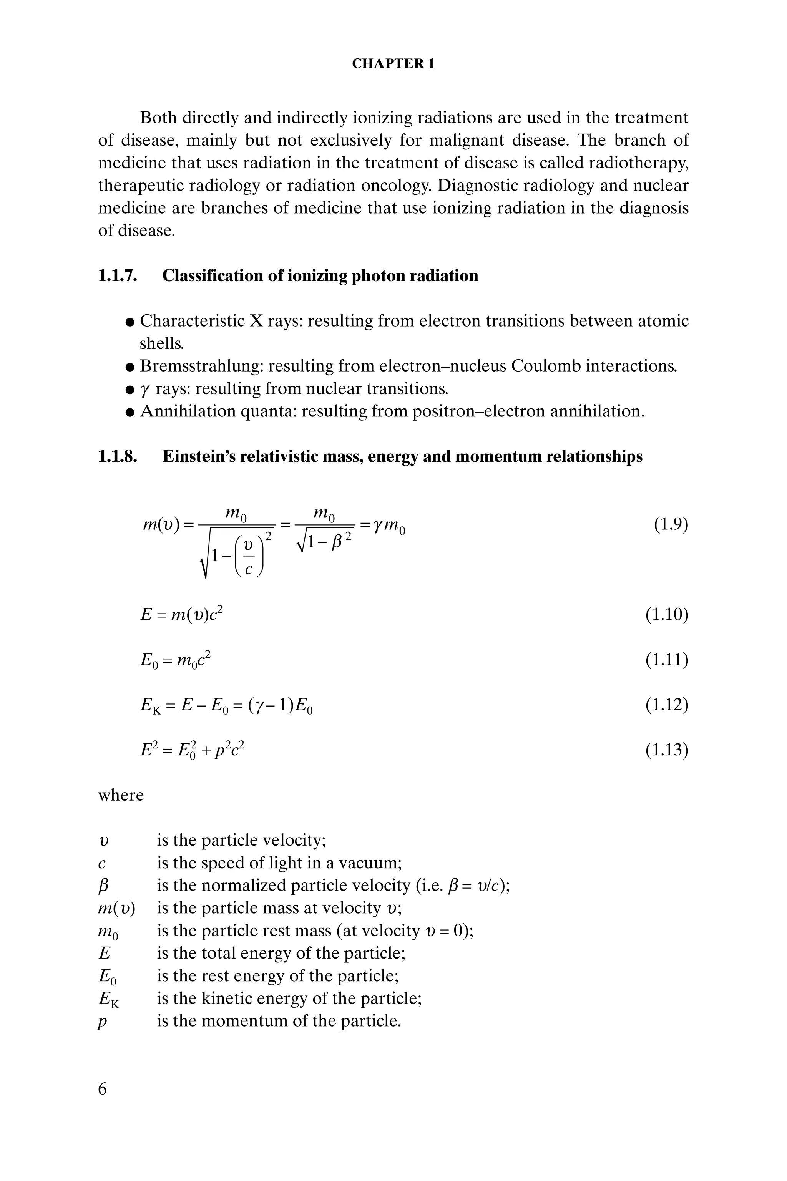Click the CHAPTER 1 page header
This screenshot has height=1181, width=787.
393,64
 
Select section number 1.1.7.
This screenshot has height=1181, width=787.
118,276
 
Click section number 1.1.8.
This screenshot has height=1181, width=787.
118,456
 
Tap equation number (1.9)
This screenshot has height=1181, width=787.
671,525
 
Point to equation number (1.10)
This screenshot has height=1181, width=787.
667,614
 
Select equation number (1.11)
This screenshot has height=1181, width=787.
667,659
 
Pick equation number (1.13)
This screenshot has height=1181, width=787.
667,750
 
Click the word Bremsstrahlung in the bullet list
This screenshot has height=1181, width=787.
201,366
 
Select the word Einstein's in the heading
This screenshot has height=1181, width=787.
197,456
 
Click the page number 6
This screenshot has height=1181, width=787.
102,1089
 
